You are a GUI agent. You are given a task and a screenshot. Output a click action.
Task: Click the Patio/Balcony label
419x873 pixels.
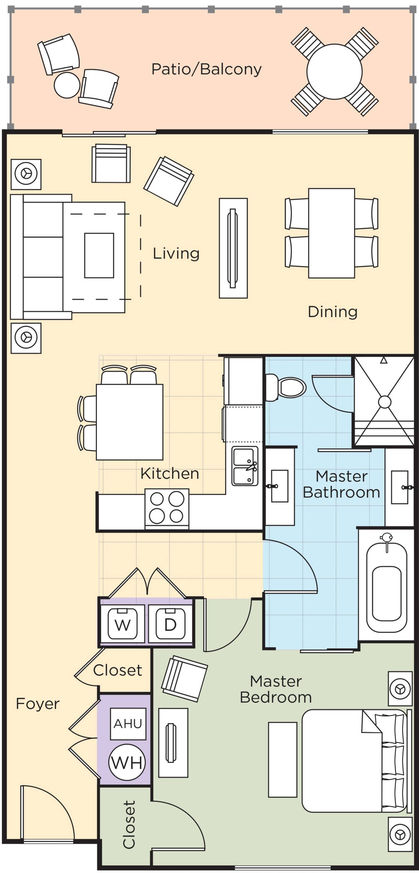click(x=207, y=70)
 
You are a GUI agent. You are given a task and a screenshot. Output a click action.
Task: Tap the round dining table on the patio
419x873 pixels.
click(x=334, y=72)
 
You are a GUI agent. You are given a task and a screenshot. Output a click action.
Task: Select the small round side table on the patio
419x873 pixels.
click(x=67, y=85)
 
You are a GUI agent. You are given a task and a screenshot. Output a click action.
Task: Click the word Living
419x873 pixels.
click(x=176, y=253)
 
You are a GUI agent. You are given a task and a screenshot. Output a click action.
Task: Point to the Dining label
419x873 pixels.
click(x=333, y=312)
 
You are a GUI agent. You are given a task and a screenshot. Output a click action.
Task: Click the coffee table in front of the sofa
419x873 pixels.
click(x=99, y=255)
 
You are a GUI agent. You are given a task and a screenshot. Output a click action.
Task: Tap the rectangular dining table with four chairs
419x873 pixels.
click(x=331, y=233)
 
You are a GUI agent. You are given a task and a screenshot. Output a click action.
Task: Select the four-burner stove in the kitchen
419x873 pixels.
click(x=167, y=508)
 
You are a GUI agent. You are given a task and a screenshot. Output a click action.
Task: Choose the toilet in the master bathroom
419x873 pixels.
click(x=285, y=387)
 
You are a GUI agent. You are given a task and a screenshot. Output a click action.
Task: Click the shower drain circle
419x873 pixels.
click(x=384, y=402)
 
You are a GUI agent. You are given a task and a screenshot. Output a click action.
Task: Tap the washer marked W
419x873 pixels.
click(x=123, y=623)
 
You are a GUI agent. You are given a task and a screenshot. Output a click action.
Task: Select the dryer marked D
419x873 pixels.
click(x=171, y=623)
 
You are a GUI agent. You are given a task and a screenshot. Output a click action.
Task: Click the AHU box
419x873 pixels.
click(x=128, y=724)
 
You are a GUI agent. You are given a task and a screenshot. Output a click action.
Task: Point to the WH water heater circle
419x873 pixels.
click(x=127, y=762)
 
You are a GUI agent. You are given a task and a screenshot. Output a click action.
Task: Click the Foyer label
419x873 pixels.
click(x=38, y=704)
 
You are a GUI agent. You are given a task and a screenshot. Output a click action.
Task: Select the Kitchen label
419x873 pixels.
click(x=170, y=473)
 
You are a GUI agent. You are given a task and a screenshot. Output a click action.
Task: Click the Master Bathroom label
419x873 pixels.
click(x=341, y=484)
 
